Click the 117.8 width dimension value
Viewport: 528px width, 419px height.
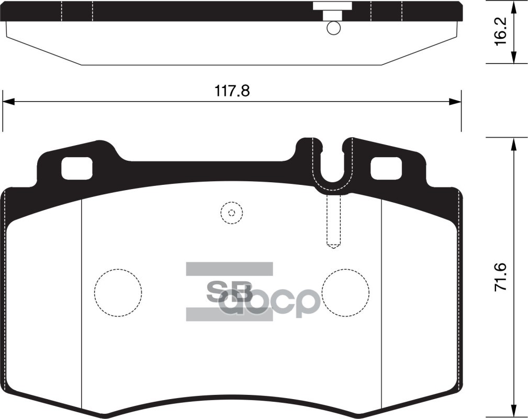click(x=232, y=91)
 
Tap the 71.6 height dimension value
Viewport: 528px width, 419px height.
click(x=500, y=278)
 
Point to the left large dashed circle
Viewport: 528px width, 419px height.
click(x=118, y=293)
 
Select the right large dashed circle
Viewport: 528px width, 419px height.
click(x=345, y=293)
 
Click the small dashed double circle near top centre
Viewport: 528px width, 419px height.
click(x=231, y=213)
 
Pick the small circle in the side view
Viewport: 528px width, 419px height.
click(x=333, y=28)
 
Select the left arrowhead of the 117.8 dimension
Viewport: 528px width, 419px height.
click(x=7, y=102)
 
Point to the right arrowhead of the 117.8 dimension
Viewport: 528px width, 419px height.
click(x=457, y=102)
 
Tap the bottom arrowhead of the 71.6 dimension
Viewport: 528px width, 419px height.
click(x=515, y=412)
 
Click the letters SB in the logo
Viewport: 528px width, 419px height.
click(x=230, y=292)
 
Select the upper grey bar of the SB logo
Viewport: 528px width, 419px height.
click(x=229, y=269)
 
